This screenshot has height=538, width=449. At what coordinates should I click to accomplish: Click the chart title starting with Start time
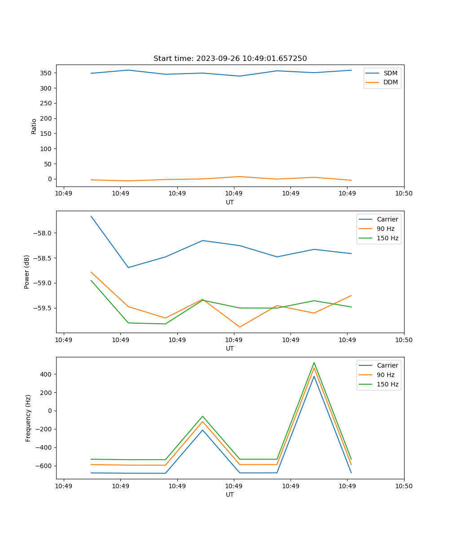tap(230, 59)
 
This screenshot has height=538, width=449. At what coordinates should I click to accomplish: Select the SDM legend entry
tap(390, 73)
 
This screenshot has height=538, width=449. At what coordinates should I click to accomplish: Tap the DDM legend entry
tap(390, 82)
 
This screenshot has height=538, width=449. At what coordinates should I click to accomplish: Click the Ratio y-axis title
tap(34, 126)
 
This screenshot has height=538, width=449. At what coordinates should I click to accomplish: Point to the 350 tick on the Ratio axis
tap(47, 73)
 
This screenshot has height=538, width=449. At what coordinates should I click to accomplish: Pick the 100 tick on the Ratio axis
tap(47, 149)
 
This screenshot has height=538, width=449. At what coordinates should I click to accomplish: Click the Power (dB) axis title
tap(27, 272)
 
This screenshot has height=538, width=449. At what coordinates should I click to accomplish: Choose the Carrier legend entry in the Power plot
tap(387, 219)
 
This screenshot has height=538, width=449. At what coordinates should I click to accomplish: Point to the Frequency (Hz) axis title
tap(28, 418)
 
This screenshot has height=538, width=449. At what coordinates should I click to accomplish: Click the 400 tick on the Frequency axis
tap(47, 374)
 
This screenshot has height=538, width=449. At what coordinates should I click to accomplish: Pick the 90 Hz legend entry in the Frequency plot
tap(385, 375)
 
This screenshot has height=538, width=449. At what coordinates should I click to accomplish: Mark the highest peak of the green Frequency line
tap(314, 363)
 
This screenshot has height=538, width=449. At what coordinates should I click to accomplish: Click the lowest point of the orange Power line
tap(240, 327)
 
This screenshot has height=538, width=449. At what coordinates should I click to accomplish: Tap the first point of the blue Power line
tap(91, 216)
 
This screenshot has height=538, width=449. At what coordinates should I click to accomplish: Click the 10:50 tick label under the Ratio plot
tap(404, 193)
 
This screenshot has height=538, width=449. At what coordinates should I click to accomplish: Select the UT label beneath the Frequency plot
tap(230, 495)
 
